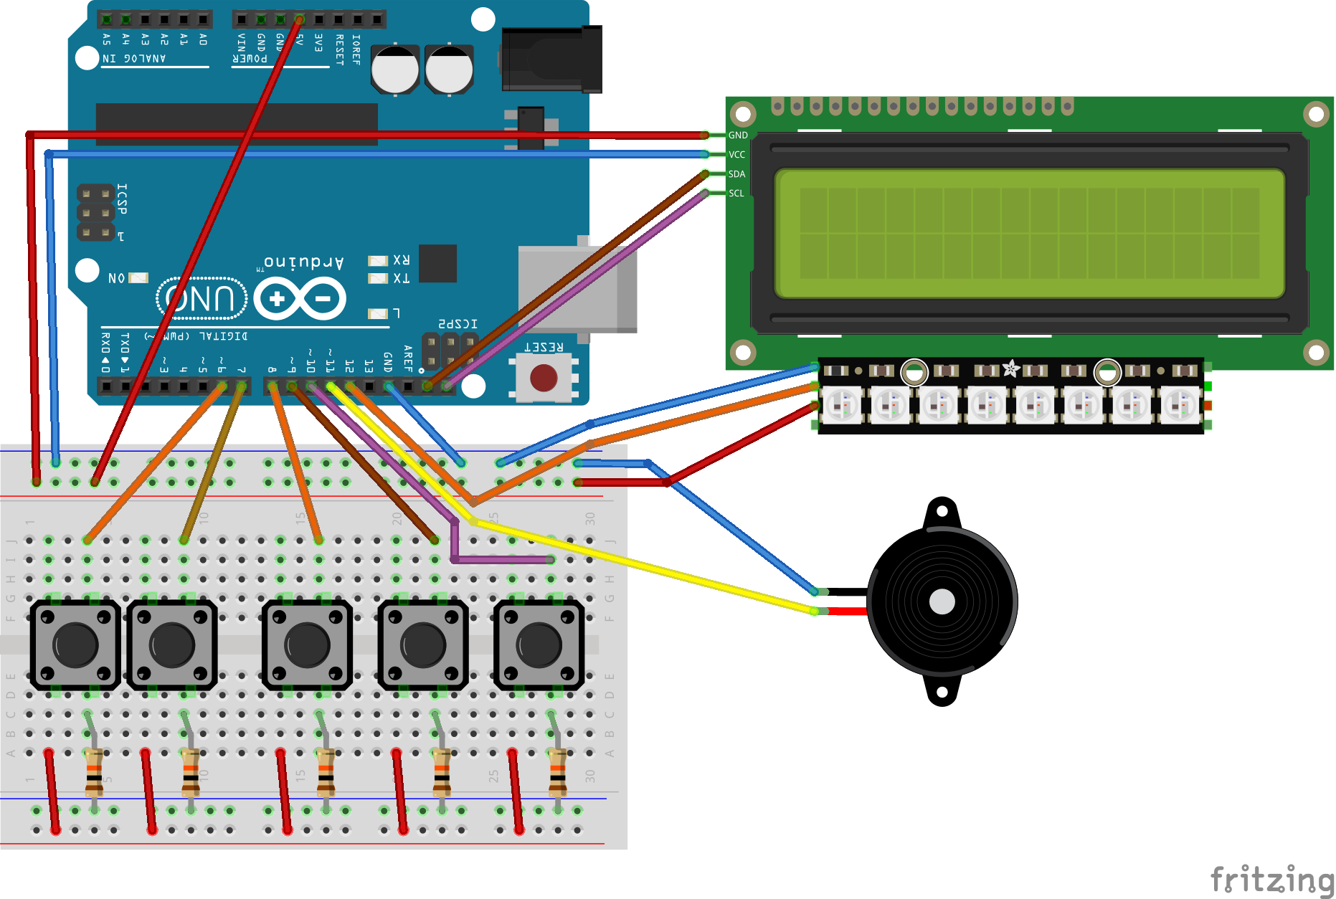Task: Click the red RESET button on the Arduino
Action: [x=543, y=378]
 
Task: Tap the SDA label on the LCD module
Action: [x=736, y=174]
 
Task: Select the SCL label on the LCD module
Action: [x=736, y=194]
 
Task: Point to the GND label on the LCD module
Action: [x=738, y=135]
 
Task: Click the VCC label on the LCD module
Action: [x=736, y=155]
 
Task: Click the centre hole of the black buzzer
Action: [x=942, y=601]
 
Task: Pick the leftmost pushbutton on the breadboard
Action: [x=75, y=644]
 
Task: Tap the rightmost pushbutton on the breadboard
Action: [x=539, y=644]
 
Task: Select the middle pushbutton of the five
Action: [x=307, y=644]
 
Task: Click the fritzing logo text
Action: [x=1271, y=880]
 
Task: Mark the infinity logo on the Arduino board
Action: [x=300, y=299]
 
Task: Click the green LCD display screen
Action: [x=1029, y=233]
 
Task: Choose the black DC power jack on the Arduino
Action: [x=551, y=60]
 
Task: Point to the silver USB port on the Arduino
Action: [x=577, y=288]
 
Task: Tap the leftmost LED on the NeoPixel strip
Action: [x=841, y=405]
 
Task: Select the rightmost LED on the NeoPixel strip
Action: [x=1180, y=405]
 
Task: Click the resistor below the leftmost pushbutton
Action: [x=93, y=772]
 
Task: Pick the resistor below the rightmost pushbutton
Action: [x=557, y=772]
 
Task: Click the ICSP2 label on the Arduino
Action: [x=458, y=324]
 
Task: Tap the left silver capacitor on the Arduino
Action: [x=394, y=70]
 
